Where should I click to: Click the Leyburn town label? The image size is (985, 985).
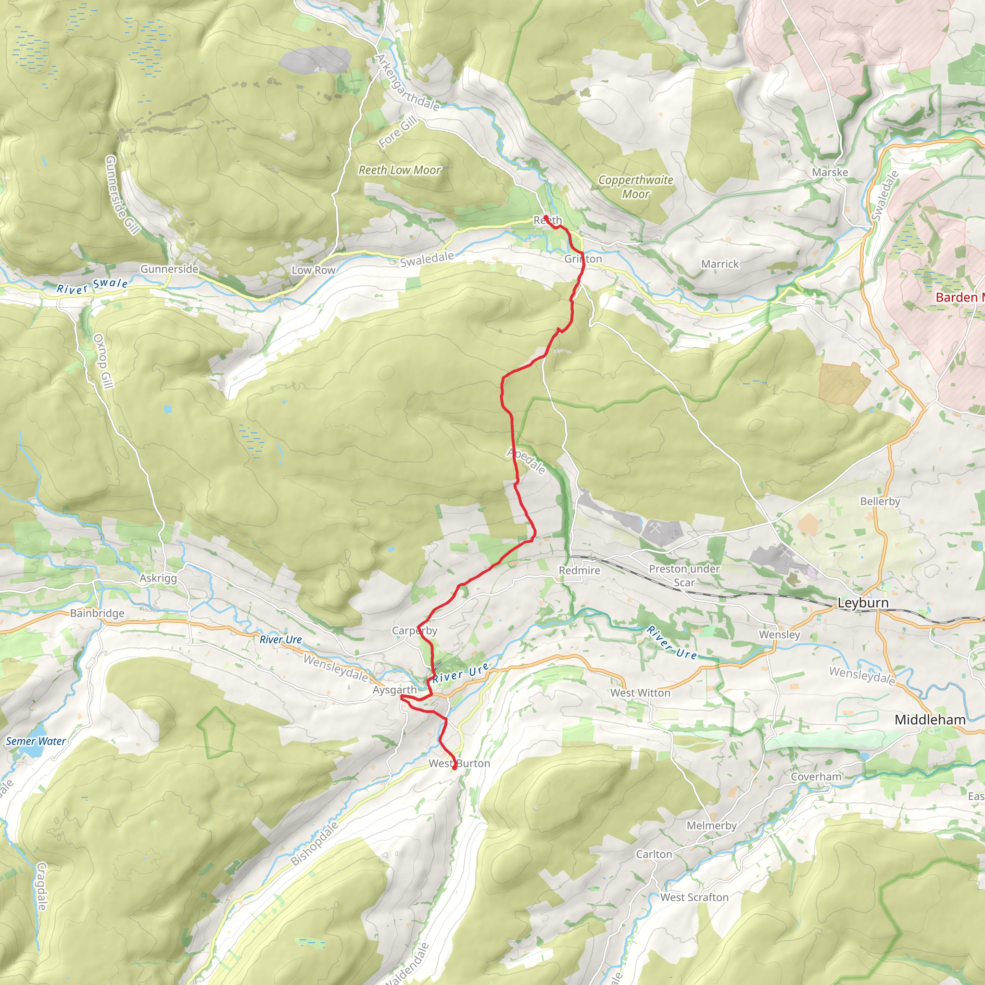point(863,603)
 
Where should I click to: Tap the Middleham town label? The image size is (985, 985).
point(930,720)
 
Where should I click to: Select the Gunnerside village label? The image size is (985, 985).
point(169,269)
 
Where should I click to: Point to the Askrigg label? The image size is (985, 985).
point(158,578)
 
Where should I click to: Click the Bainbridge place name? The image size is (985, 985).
point(97,613)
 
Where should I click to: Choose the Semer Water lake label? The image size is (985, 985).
point(36,741)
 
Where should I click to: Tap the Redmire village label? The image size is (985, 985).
point(579,570)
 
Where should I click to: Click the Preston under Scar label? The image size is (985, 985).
point(684,576)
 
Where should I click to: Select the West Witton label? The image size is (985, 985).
point(640,693)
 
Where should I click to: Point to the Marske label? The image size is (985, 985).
point(830,172)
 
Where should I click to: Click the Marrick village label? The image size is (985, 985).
point(720,264)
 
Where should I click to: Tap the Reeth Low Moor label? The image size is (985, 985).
point(400,170)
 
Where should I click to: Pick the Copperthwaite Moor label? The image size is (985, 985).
point(635,187)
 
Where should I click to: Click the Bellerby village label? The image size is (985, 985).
point(880,501)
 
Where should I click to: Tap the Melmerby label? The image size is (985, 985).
point(711,825)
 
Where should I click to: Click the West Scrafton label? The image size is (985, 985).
point(695,897)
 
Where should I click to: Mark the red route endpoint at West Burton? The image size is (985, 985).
point(454,767)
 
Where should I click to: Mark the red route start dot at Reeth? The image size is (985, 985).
point(545,218)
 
